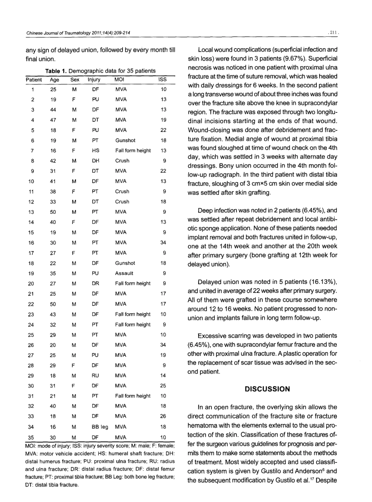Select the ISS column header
(164, 80)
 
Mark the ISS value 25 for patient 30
(164, 385)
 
